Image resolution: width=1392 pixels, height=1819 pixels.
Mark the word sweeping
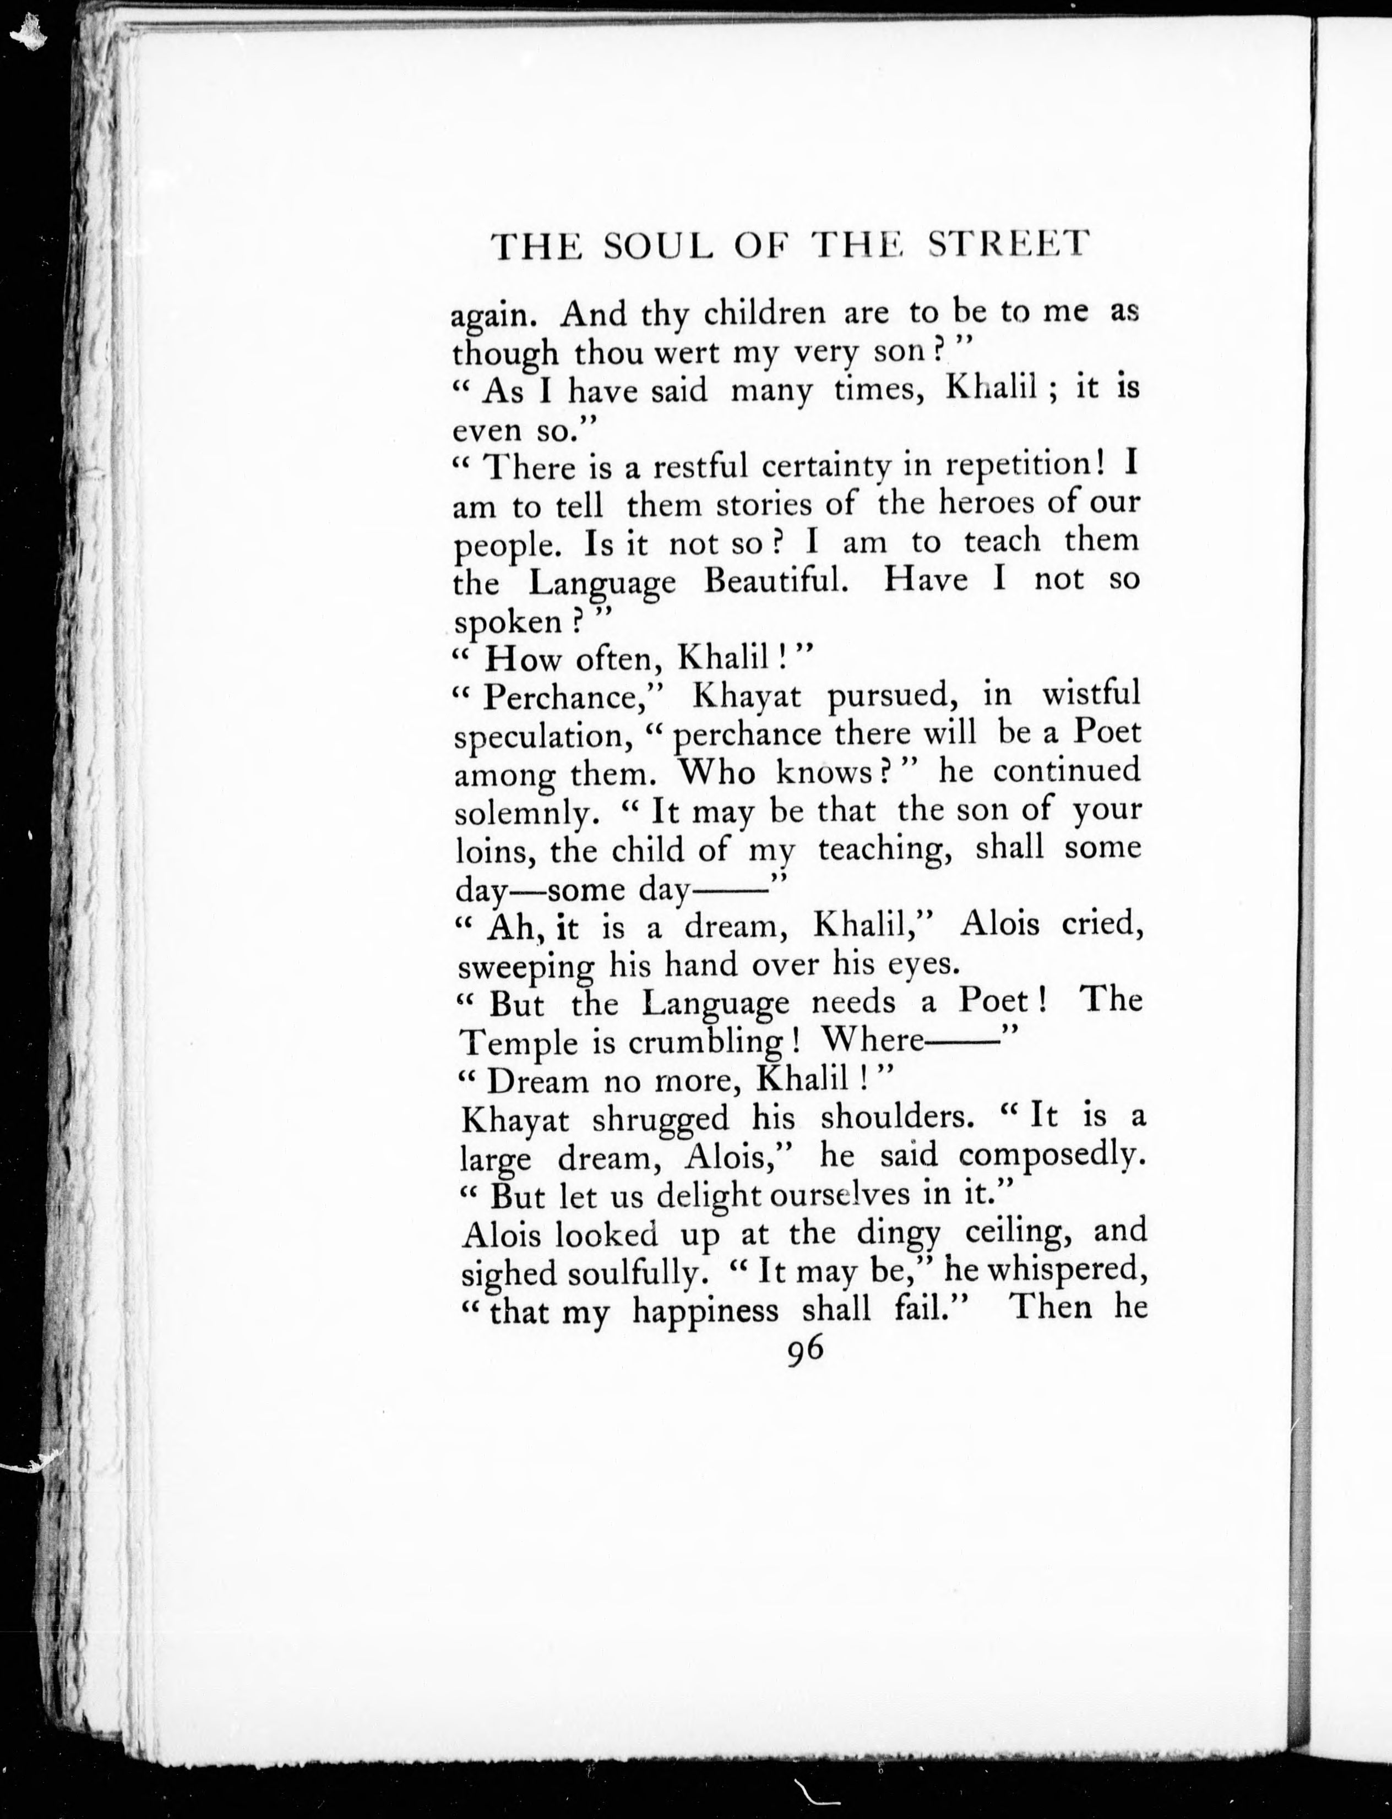(525, 967)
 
